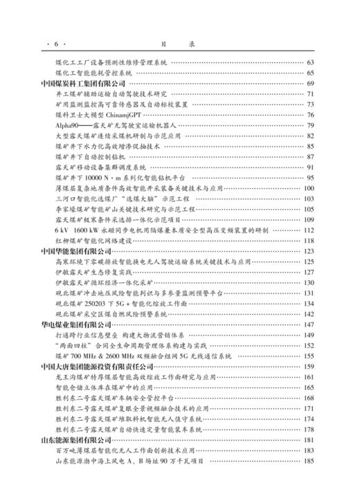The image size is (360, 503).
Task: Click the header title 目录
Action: (179, 43)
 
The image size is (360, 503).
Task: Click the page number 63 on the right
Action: (310, 62)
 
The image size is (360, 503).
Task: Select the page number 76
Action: (310, 115)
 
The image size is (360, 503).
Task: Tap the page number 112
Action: (309, 230)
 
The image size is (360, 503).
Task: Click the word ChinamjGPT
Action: (119, 115)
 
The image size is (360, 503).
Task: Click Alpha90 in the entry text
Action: (67, 125)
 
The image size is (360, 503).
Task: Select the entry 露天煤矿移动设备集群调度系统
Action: (100, 167)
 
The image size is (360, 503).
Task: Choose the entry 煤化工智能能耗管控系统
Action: (94, 73)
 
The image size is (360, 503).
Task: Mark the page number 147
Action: (309, 324)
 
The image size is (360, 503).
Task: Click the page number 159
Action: (309, 366)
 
